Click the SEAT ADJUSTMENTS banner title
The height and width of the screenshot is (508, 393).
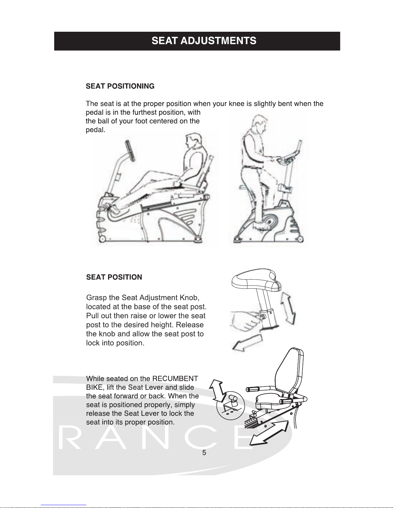pyautogui.click(x=204, y=41)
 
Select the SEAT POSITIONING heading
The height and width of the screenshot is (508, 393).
pyautogui.click(x=120, y=86)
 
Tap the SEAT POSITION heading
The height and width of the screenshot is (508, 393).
pyautogui.click(x=114, y=277)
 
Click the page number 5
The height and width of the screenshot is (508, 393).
pyautogui.click(x=204, y=453)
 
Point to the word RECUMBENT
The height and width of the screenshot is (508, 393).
pyautogui.click(x=175, y=379)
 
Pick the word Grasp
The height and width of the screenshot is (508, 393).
pyautogui.click(x=96, y=298)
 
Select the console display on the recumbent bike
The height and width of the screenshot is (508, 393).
pyautogui.click(x=130, y=151)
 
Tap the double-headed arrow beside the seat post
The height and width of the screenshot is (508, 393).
pyautogui.click(x=288, y=308)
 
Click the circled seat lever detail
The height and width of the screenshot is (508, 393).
pyautogui.click(x=231, y=405)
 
